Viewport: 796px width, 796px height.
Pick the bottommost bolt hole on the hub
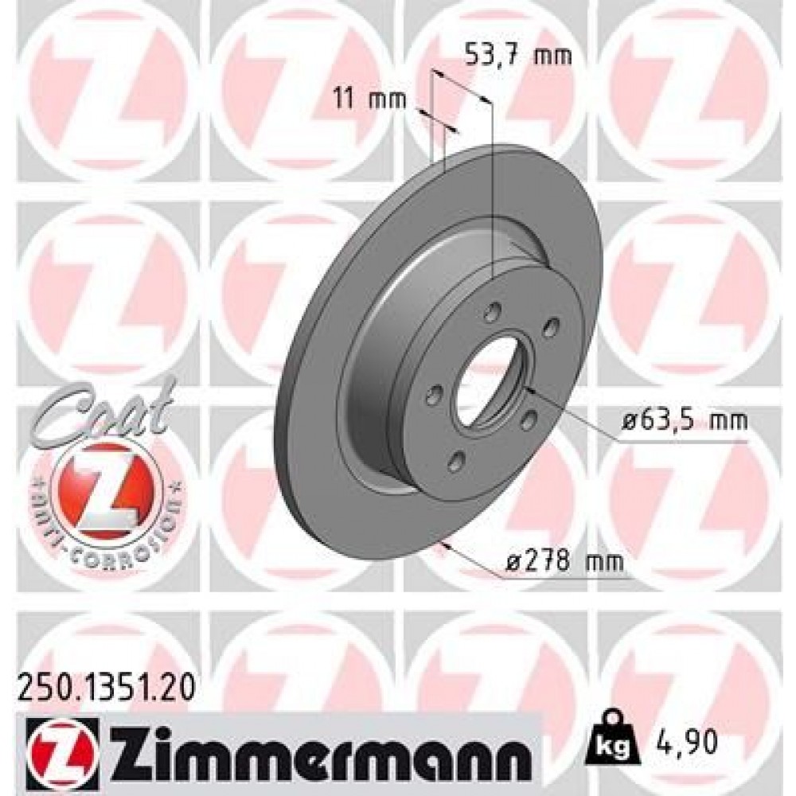[455, 459]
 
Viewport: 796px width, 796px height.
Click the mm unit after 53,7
[556, 56]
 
